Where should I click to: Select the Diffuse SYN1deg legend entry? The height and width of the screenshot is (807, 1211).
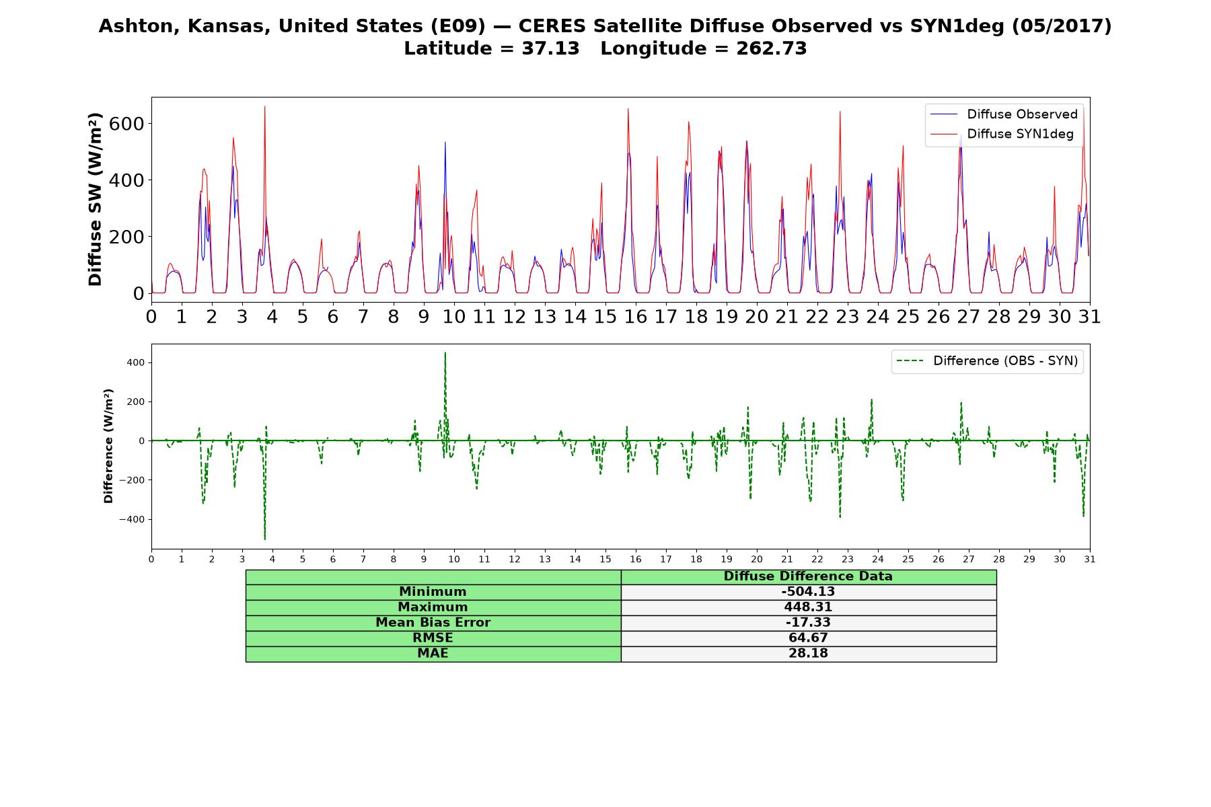coord(1002,134)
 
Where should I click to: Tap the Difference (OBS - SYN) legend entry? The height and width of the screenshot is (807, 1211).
coord(988,361)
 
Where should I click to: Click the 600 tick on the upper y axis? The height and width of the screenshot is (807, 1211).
coord(129,124)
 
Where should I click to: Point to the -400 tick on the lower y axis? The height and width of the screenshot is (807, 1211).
coord(131,519)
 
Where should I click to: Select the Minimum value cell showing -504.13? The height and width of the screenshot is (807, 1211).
coord(808,592)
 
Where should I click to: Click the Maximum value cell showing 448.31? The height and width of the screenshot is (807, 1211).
coord(808,607)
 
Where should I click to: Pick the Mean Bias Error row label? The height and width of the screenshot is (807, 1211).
coord(433,623)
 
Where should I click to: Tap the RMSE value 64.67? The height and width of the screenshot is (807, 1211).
coord(808,638)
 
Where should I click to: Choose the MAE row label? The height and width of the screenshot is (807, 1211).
coord(433,654)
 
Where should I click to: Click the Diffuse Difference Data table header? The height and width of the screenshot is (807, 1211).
coord(808,576)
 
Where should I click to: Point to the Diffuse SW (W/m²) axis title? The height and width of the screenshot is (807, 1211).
coord(96,200)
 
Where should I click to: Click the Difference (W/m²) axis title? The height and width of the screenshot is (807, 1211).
coord(108,446)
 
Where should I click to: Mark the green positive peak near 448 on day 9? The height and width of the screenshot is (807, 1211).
coord(445,353)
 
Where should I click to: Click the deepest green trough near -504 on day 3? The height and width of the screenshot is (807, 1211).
coord(264,538)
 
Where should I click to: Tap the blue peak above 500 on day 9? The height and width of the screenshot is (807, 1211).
coord(445,143)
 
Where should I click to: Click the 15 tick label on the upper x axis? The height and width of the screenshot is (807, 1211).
coord(605,316)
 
